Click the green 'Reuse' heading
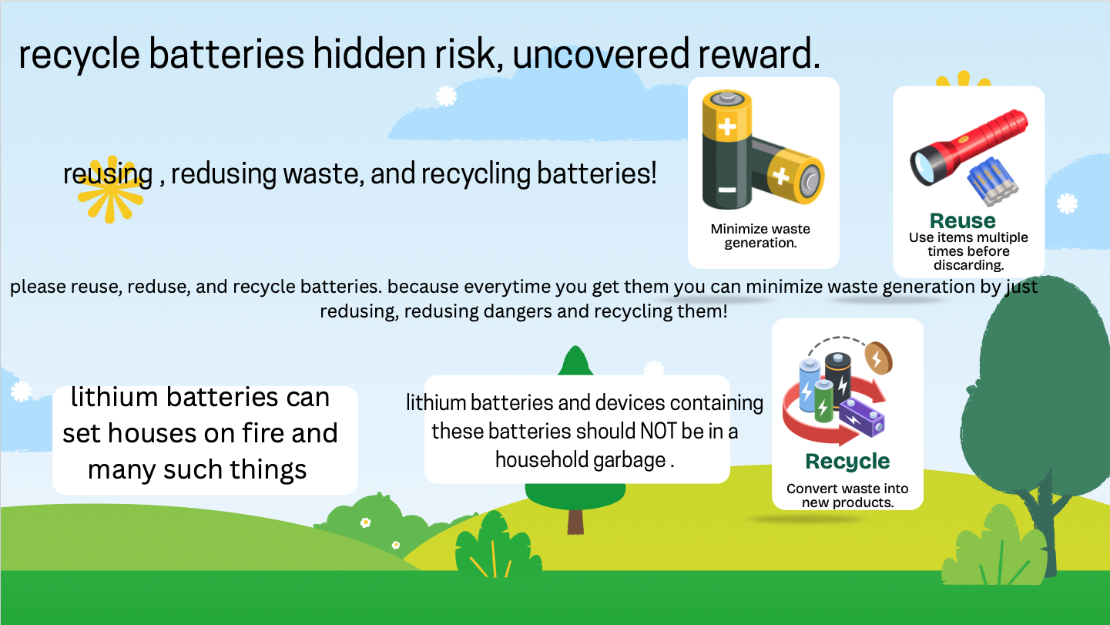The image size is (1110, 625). point(962,220)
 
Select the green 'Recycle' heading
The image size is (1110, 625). point(847,462)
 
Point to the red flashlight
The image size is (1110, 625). point(969,147)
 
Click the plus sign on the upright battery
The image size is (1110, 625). point(727,127)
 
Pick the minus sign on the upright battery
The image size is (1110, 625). point(727,190)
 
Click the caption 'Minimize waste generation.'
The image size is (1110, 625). point(760,236)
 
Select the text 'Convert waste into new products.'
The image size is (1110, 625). point(847,496)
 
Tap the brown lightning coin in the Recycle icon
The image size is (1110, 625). point(879,358)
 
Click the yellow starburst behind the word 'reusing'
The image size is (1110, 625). point(110,190)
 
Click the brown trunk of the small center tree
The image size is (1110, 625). point(575,522)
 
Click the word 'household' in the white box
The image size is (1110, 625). point(542,460)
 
